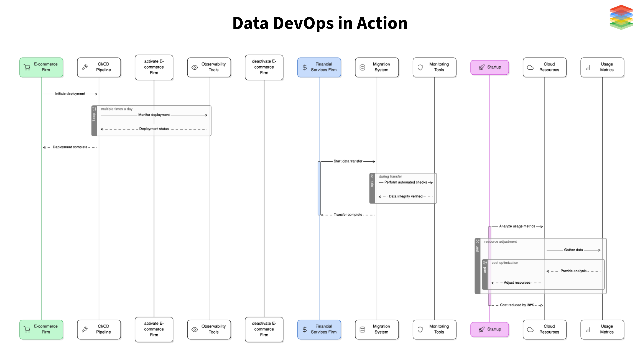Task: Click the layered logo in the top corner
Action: pos(621,17)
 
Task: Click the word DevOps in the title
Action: pos(303,23)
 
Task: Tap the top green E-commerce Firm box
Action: pos(41,67)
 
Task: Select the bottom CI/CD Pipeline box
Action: pos(99,329)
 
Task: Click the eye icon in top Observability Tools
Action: pos(195,67)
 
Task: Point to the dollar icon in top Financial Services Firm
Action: pos(305,67)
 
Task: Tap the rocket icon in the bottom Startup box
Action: pos(481,329)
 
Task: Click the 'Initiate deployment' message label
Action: pos(70,94)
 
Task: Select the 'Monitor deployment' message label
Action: pos(154,115)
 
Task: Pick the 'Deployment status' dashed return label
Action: pos(154,129)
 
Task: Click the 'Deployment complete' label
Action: pos(70,147)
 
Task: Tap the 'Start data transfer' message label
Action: pos(348,161)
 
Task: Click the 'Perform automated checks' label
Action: pos(405,182)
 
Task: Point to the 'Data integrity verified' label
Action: pos(405,196)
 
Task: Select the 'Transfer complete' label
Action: pos(348,215)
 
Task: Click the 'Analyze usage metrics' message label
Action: pos(517,226)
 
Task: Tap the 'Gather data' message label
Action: pos(573,250)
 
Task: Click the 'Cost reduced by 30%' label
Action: pos(517,305)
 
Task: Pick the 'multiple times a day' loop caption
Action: pos(117,109)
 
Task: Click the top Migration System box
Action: pos(377,67)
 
